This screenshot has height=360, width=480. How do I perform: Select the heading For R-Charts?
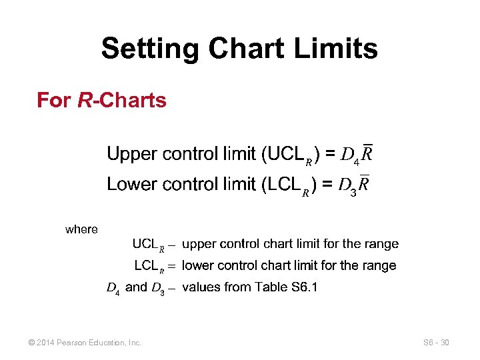(101, 101)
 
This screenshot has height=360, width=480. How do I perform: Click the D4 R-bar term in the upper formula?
(356, 156)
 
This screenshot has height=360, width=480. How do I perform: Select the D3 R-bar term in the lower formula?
(354, 185)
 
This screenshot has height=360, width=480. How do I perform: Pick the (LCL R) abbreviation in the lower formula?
(287, 185)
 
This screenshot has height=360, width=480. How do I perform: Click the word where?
(81, 229)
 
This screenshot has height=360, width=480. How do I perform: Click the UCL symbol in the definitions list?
(149, 245)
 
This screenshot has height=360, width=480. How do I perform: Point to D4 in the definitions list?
(113, 288)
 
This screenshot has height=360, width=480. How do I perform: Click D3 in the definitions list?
(158, 288)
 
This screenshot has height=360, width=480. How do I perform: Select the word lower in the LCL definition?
(199, 265)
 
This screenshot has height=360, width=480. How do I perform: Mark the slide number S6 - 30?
(436, 343)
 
